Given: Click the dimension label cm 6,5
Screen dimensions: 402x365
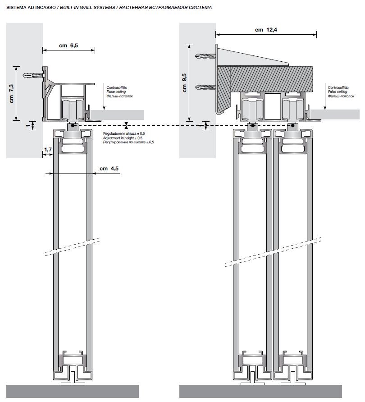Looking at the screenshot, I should coord(68,45).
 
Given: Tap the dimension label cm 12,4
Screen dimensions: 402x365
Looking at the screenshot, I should coord(265,30).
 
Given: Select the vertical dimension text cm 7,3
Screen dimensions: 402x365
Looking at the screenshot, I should coord(12,94).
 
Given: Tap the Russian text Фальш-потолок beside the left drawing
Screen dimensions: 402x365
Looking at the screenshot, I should coord(119,96).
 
